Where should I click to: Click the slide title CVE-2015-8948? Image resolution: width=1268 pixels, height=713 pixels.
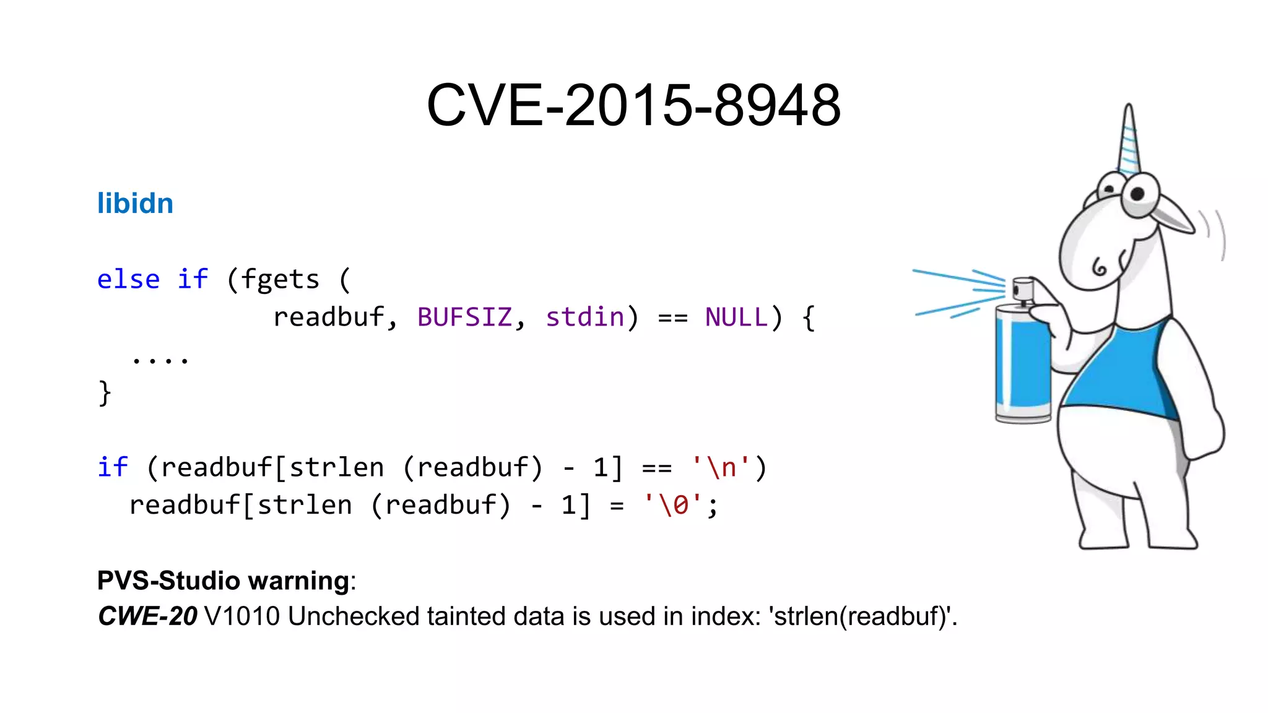coord(633,105)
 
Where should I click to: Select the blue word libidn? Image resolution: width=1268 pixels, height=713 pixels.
coord(135,204)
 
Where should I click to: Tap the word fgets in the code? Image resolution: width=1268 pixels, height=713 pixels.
coord(280,280)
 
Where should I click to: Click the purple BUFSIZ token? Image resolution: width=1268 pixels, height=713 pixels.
coord(464,318)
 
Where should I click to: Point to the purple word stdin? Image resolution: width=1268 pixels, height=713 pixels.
coord(584,318)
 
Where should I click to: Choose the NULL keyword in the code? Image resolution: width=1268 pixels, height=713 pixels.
coord(736,318)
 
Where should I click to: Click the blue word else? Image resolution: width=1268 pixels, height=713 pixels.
coord(128,280)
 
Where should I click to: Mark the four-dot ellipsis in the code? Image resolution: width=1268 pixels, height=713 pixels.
coord(160,359)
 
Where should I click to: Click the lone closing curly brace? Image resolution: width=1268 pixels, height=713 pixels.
coord(105,393)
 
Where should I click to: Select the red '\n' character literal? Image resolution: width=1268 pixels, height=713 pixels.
coord(721,468)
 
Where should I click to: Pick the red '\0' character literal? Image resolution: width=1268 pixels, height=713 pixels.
coord(673,506)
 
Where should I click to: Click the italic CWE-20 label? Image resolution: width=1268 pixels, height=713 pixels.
coord(147,616)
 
